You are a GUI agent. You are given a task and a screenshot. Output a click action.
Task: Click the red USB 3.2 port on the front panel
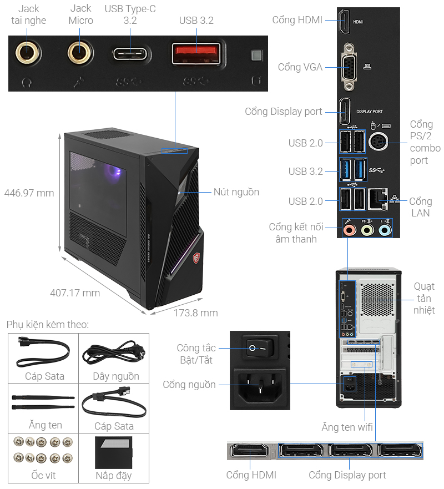(x=195, y=54)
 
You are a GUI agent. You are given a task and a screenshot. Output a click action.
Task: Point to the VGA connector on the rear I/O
(x=349, y=67)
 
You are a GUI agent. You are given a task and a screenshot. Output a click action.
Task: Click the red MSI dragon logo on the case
(x=195, y=258)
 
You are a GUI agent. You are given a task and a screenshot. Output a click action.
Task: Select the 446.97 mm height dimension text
(x=29, y=193)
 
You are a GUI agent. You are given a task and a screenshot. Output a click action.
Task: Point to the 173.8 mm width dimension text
(x=195, y=313)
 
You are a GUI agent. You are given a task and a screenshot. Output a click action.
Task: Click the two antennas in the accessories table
(x=43, y=402)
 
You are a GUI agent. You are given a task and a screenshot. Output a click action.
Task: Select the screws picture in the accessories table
(x=43, y=450)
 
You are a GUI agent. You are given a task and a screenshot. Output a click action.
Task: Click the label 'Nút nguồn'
(x=236, y=192)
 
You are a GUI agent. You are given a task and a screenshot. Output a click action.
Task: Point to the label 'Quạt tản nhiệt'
(x=424, y=298)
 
